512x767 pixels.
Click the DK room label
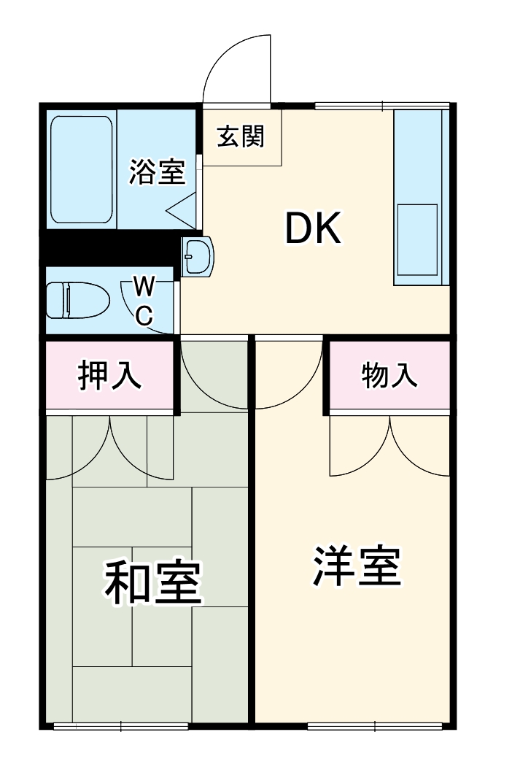click(x=312, y=229)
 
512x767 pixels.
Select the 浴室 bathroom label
click(x=157, y=171)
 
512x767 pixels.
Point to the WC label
click(x=144, y=299)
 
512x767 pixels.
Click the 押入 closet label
click(x=110, y=376)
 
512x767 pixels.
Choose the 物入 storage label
click(x=389, y=376)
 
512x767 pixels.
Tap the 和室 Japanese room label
click(x=152, y=582)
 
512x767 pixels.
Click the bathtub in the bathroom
click(x=82, y=170)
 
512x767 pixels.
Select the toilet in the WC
click(x=77, y=300)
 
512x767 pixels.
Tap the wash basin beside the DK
click(x=198, y=258)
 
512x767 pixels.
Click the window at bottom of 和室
click(x=120, y=725)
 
